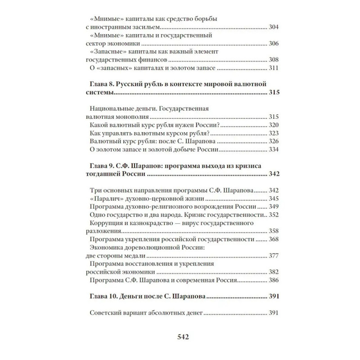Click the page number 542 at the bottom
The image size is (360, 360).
tap(180, 337)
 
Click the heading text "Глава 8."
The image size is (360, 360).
tap(100, 84)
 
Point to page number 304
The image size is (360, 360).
tap(274, 27)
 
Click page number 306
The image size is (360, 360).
tap(274, 44)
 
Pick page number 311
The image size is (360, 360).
tap(274, 68)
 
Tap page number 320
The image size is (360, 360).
tap(274, 125)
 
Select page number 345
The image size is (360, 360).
tap(274, 198)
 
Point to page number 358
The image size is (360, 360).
tap(274, 231)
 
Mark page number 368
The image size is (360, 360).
tap(274, 239)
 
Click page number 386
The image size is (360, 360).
tap(274, 280)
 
